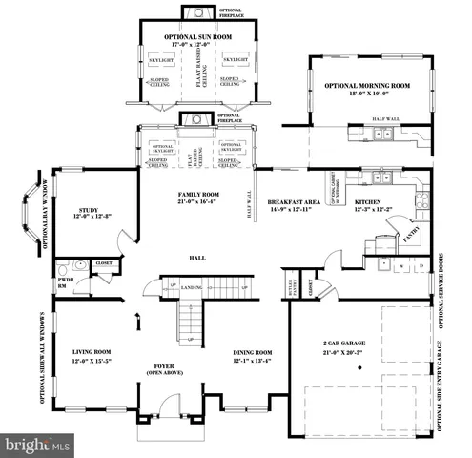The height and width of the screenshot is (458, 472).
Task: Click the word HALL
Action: click(x=197, y=258)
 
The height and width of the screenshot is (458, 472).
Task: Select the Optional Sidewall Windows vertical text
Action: click(x=42, y=358)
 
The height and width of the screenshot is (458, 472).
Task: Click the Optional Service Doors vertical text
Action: click(x=440, y=285)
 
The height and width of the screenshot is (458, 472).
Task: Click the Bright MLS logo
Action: click(x=38, y=445)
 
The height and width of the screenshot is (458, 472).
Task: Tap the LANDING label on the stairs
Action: click(x=190, y=286)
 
